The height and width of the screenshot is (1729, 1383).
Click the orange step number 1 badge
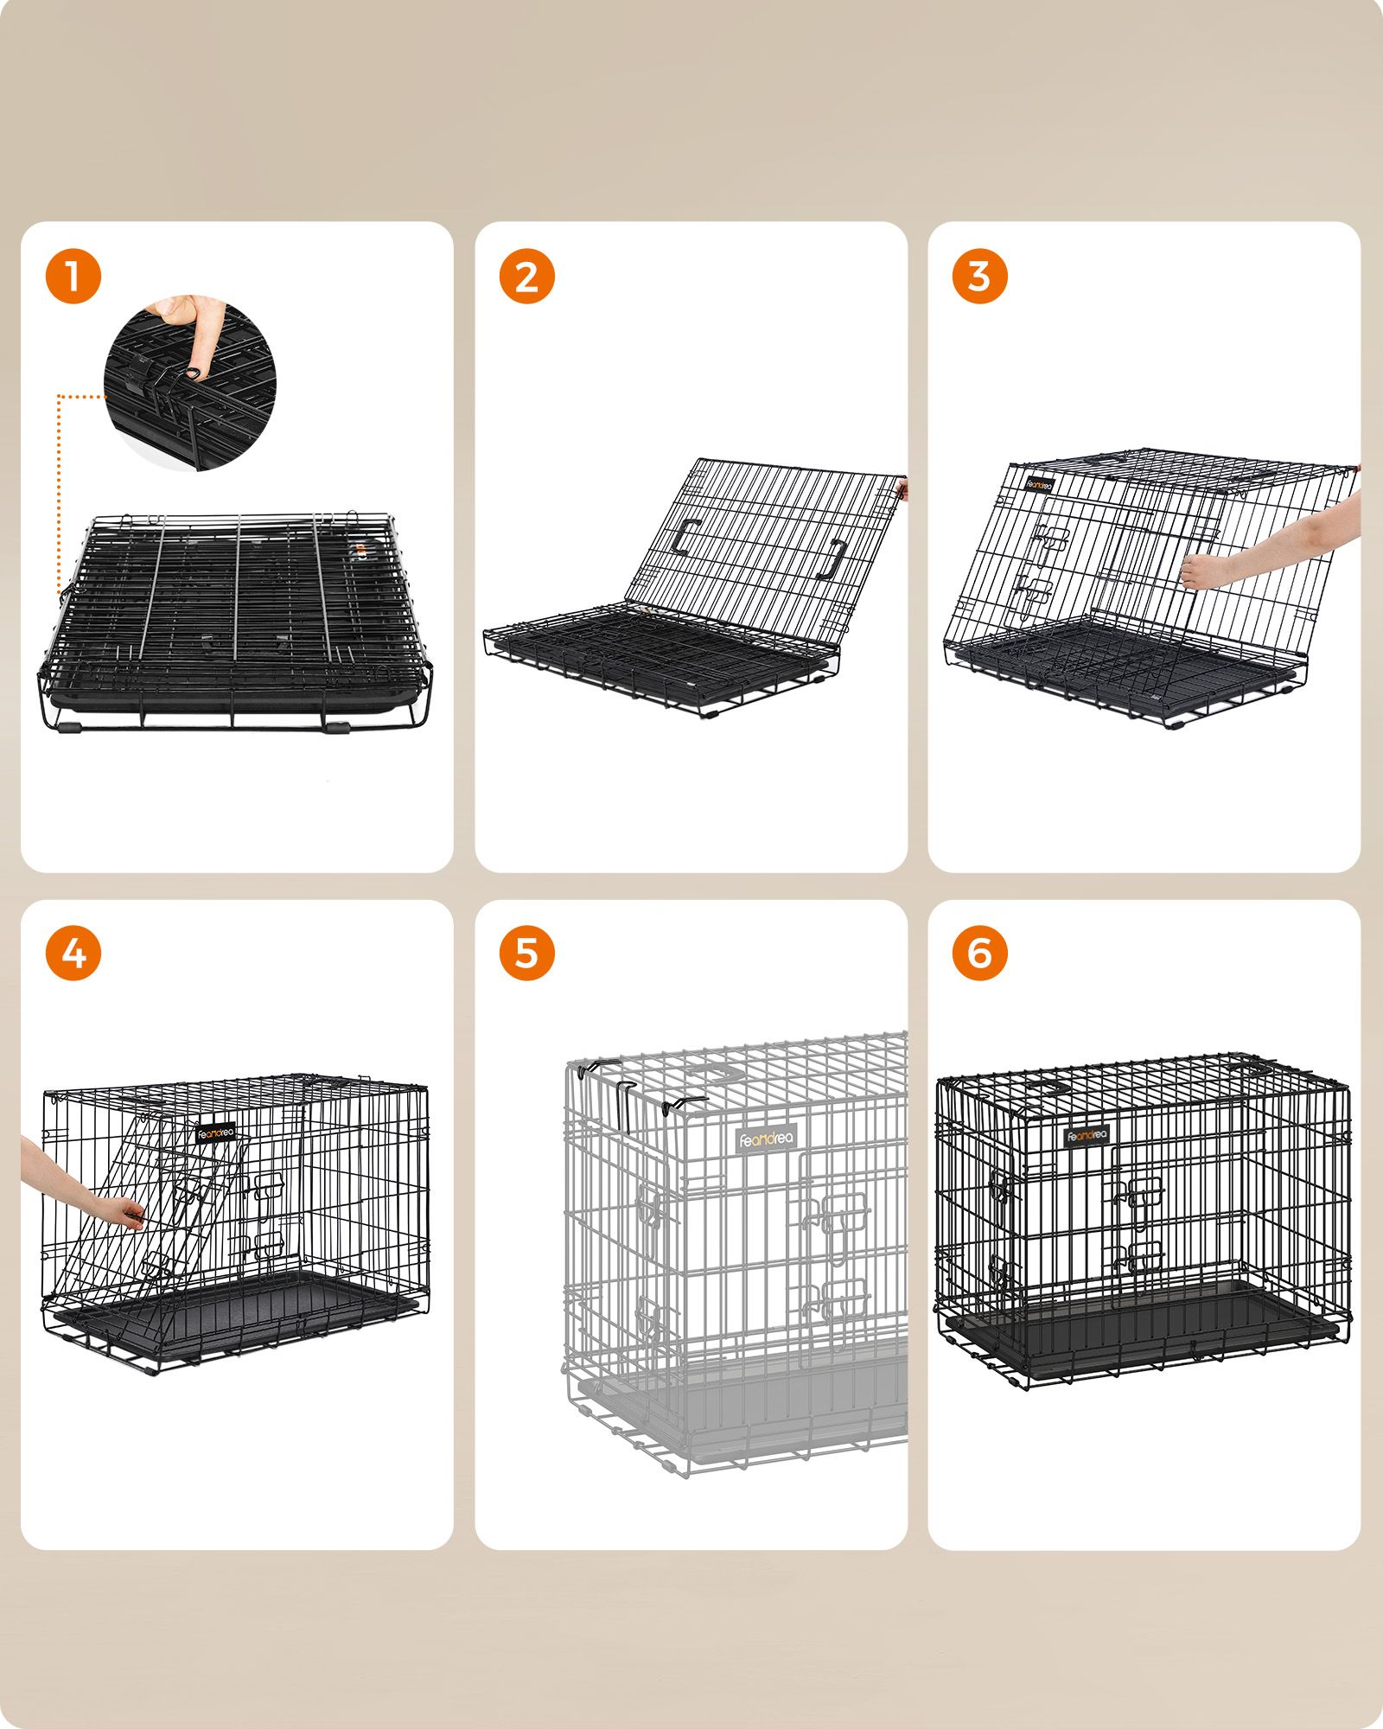(x=73, y=277)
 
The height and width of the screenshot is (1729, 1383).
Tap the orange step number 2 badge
(x=526, y=277)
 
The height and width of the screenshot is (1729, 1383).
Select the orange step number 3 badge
(x=979, y=277)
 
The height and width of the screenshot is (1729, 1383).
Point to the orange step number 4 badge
(x=73, y=954)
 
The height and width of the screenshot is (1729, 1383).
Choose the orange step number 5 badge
(x=526, y=954)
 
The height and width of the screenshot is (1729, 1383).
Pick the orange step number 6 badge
(x=979, y=954)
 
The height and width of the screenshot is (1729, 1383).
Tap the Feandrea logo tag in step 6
(x=1087, y=1135)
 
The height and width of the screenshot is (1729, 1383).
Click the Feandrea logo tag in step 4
(x=215, y=1133)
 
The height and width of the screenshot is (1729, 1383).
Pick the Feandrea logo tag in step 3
(x=1041, y=483)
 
